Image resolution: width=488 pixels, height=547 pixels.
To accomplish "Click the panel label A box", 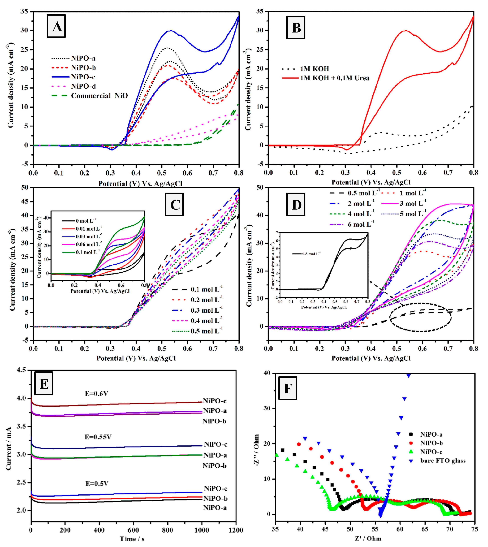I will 56,26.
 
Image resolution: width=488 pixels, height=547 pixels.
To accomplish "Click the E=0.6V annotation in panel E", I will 96,394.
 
